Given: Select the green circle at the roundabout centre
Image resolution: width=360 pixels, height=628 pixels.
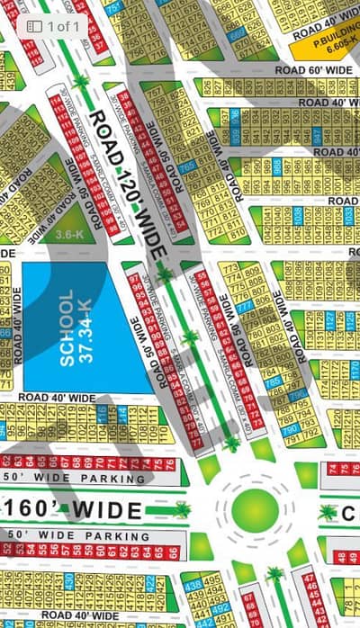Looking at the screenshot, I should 255,509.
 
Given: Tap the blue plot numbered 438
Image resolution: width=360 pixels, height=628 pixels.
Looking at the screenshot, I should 192,585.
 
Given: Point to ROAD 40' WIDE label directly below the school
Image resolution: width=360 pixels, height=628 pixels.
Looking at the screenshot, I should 57,397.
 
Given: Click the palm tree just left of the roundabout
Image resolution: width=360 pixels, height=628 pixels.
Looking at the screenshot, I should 183,510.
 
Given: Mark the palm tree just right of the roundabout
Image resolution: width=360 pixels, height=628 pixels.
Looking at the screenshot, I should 328,512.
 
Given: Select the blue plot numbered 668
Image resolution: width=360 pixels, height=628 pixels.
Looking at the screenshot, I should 235,36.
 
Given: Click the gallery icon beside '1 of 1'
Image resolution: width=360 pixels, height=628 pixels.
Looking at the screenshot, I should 33,27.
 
